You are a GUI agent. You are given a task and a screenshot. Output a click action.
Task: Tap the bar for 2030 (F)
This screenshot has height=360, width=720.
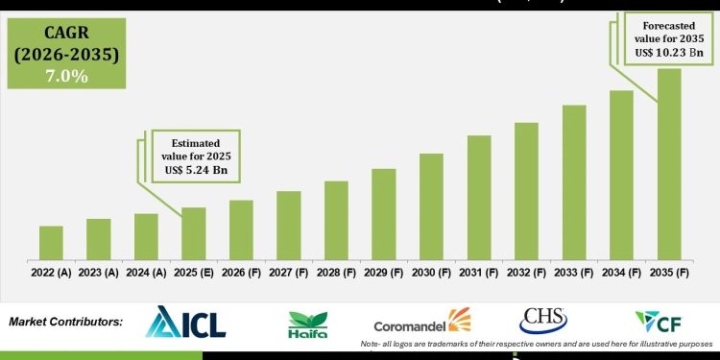[431, 206]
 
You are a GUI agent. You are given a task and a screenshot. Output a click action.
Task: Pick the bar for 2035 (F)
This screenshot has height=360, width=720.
[669, 164]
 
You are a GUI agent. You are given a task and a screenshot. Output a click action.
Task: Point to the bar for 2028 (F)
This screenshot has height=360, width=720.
[336, 220]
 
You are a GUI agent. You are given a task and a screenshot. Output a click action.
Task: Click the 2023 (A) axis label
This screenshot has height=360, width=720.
[99, 274]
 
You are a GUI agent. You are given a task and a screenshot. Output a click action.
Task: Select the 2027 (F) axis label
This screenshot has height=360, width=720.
[289, 274]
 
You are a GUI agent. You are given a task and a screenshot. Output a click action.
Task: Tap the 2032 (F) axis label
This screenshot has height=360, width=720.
[526, 274]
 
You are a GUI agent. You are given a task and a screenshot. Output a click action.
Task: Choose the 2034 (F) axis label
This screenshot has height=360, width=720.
[621, 274]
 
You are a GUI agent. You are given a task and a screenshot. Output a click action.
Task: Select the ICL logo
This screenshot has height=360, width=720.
[185, 324]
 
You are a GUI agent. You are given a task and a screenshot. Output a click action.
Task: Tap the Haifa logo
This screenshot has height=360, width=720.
[308, 325]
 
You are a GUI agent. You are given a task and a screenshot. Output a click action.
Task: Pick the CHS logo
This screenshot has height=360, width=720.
[543, 321]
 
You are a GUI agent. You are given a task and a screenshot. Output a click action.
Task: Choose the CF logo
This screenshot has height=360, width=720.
[659, 322]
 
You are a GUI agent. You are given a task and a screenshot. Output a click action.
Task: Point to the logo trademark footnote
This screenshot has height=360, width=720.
[539, 344]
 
